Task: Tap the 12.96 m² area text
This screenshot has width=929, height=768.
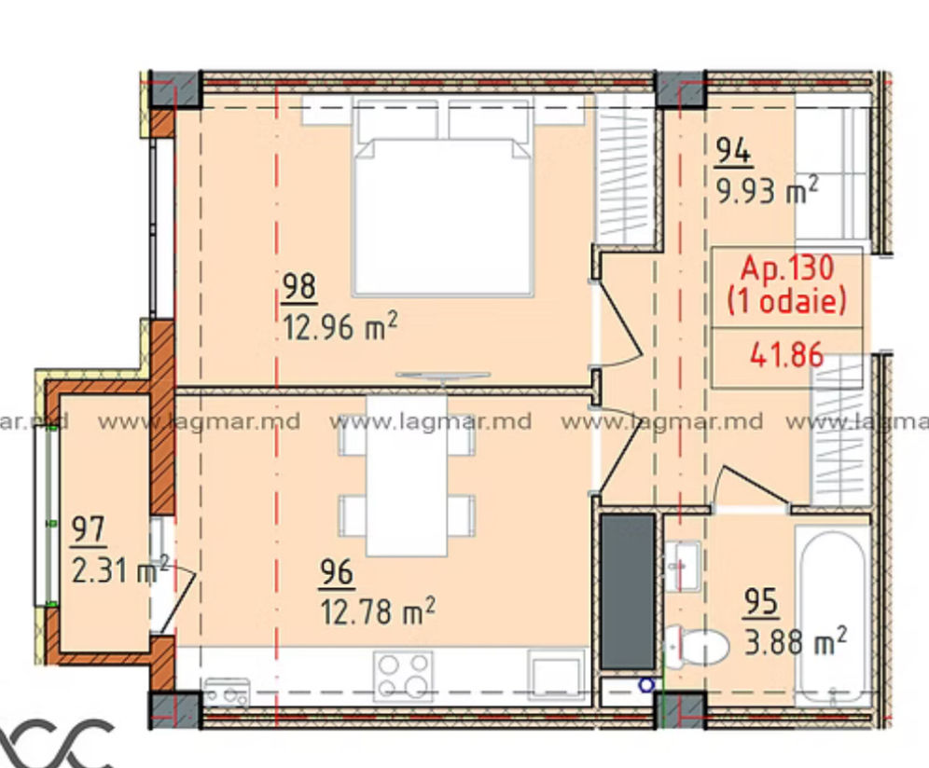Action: coord(340,326)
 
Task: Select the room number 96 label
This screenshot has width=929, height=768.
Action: coord(337,572)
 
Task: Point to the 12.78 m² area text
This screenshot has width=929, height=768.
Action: coord(378,610)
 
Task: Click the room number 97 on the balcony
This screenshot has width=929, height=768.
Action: coord(89,528)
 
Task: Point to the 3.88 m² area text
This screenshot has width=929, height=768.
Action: coord(795,641)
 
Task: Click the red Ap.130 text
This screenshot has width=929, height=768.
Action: coord(787,267)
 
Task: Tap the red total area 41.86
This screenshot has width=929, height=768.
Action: coord(787,355)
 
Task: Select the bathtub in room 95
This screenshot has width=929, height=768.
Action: coord(833,616)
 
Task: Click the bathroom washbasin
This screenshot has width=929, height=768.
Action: coord(683,566)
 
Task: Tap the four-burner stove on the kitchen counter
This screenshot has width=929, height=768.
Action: coord(403,675)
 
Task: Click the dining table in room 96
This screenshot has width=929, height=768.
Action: coord(407,475)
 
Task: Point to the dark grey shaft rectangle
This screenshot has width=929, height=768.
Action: coord(628,592)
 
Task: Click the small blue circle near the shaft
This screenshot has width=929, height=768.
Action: coord(646,685)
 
